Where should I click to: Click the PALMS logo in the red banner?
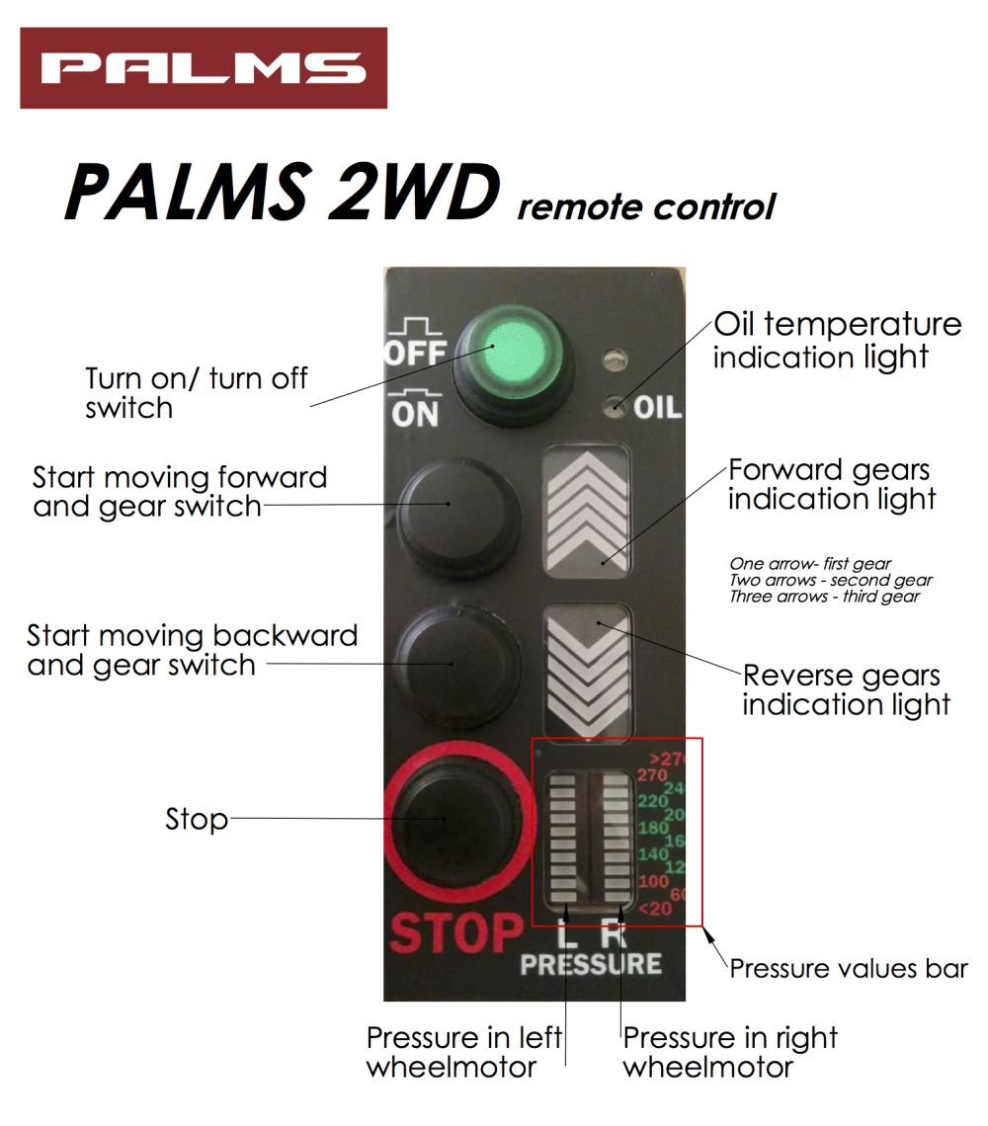point(203,68)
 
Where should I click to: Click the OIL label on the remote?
point(657,407)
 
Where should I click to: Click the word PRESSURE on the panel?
point(591,964)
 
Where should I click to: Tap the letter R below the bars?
point(617,931)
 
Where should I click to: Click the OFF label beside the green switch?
point(416,352)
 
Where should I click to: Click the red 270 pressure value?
point(652,775)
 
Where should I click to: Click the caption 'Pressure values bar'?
point(848,969)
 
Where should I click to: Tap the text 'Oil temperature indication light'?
point(836,340)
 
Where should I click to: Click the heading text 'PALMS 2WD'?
point(281,192)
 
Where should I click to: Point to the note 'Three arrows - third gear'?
point(824,597)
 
